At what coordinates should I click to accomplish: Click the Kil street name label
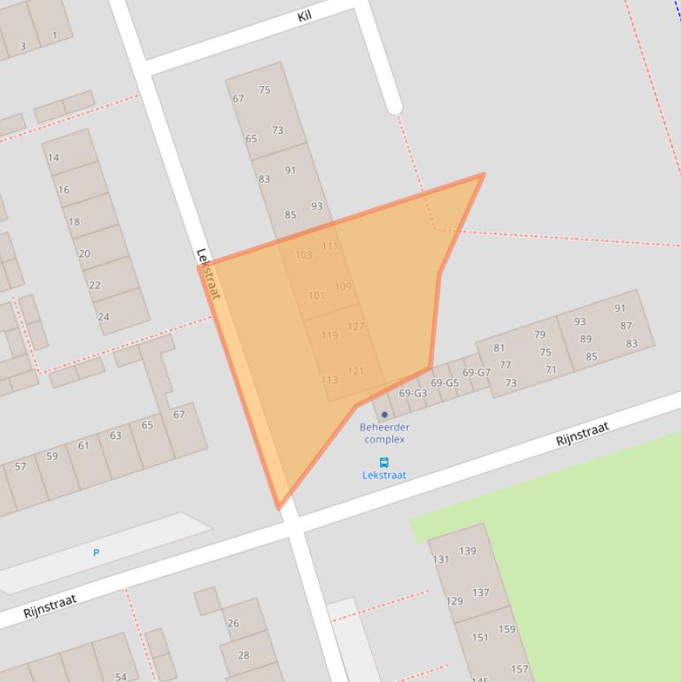pyautogui.click(x=305, y=16)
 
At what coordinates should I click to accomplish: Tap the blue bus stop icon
pyautogui.click(x=384, y=462)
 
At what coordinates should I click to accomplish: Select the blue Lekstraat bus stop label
pyautogui.click(x=384, y=475)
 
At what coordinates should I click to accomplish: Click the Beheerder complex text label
pyautogui.click(x=384, y=433)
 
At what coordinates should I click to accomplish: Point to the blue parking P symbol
pyautogui.click(x=97, y=553)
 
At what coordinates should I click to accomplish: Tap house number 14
pyautogui.click(x=54, y=158)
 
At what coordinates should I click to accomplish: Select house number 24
pyautogui.click(x=104, y=316)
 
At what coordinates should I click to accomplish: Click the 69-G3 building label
pyautogui.click(x=413, y=393)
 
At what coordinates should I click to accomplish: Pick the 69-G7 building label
pyautogui.click(x=476, y=373)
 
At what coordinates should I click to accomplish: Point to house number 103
pyautogui.click(x=304, y=255)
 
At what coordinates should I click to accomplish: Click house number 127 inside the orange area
pyautogui.click(x=356, y=326)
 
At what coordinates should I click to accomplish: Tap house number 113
pyautogui.click(x=329, y=380)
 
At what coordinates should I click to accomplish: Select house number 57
pyautogui.click(x=20, y=467)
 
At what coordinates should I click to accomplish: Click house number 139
pyautogui.click(x=468, y=551)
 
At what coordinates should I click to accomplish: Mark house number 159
pyautogui.click(x=507, y=630)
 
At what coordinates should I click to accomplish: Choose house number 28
pyautogui.click(x=244, y=655)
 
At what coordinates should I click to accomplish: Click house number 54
pyautogui.click(x=121, y=677)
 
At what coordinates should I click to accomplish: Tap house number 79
pyautogui.click(x=540, y=335)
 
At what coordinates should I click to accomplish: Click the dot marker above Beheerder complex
pyautogui.click(x=384, y=415)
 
